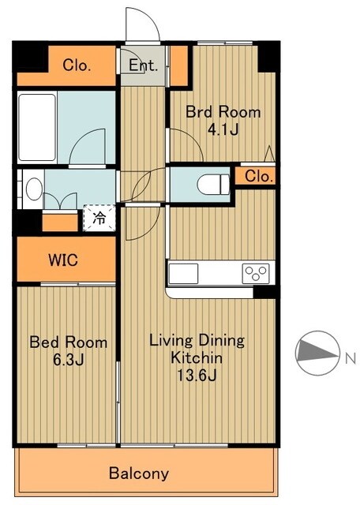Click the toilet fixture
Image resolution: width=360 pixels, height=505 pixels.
tap(213, 185)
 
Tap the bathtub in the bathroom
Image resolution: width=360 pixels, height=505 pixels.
tap(37, 127)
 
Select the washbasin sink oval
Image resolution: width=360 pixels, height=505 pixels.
tap(34, 189)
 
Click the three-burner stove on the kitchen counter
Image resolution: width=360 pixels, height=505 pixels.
tap(256, 274)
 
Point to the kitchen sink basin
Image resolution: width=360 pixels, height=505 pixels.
tap(183, 274)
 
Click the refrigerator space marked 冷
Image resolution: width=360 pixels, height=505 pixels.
tap(99, 218)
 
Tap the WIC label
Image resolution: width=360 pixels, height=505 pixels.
tap(63, 260)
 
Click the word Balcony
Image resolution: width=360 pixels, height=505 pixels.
tap(139, 473)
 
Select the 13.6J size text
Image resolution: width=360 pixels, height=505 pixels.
tap(197, 376)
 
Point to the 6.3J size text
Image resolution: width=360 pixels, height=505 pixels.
tap(69, 360)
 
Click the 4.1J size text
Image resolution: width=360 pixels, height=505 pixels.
tap(223, 129)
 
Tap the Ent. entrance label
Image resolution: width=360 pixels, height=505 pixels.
tap(144, 65)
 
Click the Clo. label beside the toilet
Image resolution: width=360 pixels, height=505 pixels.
tap(259, 176)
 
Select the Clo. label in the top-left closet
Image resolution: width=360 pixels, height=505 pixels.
tap(77, 65)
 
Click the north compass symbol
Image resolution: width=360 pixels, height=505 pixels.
tap(317, 353)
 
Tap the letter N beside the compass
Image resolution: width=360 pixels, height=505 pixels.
tap(351, 358)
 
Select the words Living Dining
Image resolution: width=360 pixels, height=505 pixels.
tap(197, 341)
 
